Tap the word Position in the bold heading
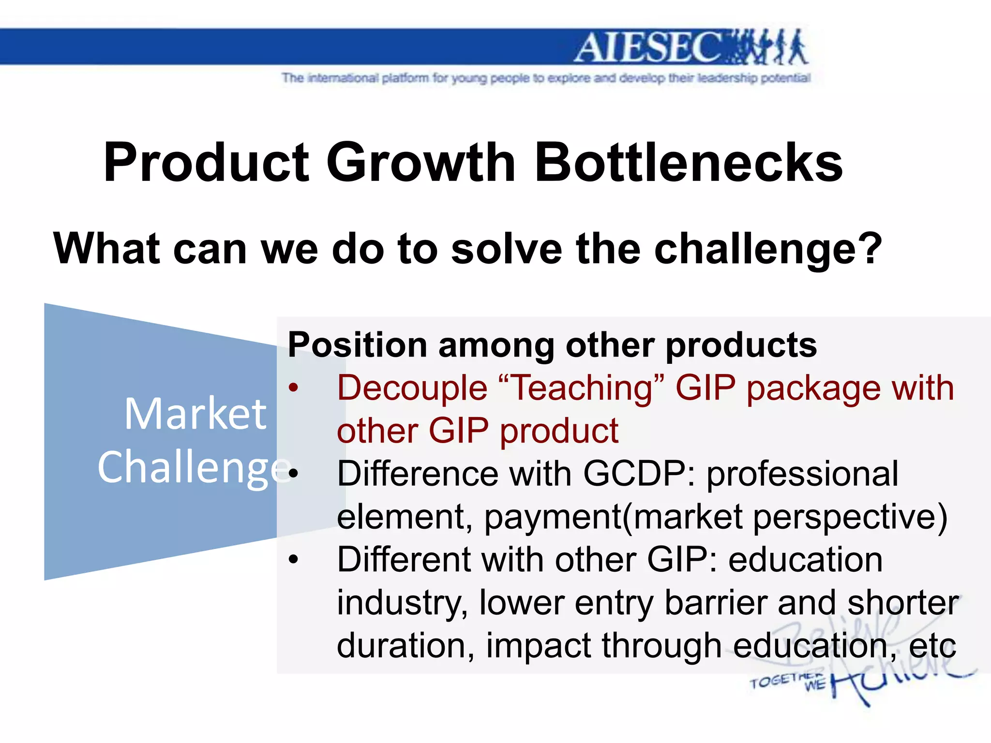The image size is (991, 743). (357, 345)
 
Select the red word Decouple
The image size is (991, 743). (412, 388)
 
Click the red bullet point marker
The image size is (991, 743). (293, 388)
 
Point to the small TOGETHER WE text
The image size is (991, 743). (786, 682)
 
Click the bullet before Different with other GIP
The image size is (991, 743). (293, 560)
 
